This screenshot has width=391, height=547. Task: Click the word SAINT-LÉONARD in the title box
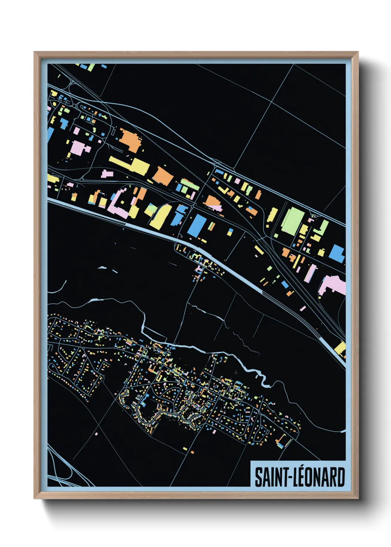tap(300, 477)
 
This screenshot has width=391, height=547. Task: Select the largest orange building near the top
tap(130, 140)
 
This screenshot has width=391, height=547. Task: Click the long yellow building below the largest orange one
tap(130, 165)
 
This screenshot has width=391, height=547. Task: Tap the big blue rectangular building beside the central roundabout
tap(197, 225)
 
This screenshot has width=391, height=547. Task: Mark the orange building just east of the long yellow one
tap(163, 176)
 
